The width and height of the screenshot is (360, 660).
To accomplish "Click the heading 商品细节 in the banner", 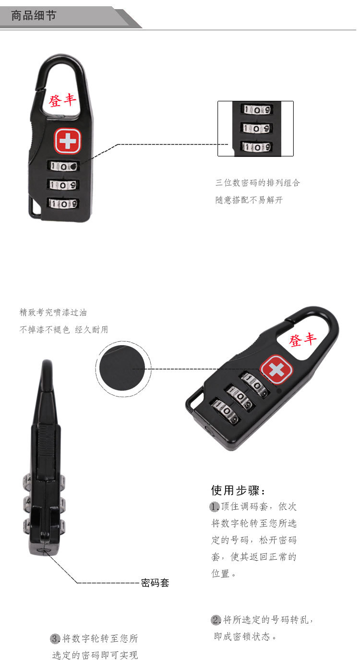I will pos(34,16).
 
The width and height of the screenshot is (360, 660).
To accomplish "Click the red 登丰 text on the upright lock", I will pos(63,100).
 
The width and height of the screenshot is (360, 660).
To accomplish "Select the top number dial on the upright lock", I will pos(63,167).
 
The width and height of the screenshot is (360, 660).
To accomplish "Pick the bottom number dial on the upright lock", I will pos(63,204).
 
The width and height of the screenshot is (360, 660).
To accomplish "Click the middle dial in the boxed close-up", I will pos(256,128).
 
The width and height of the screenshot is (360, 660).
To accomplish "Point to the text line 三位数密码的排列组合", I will pos(258,182).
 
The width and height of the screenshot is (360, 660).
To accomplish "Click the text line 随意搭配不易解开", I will pos(249,200).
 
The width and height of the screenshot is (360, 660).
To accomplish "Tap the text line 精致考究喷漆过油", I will pos(53,312).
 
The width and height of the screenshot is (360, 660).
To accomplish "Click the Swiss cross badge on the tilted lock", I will pos(276,369).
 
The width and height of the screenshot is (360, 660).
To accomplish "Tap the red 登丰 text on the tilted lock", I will pos(303,340).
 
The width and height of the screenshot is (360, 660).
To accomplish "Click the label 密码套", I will pos(155,583).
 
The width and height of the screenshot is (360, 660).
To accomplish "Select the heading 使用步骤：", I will pos(239,491).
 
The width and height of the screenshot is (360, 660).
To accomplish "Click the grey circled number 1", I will pos(215,506).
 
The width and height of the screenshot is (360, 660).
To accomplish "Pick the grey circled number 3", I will pos(55,638).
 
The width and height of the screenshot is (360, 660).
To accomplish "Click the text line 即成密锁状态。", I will pos(246,637).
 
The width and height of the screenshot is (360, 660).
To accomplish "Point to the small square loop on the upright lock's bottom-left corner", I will pos(35,209).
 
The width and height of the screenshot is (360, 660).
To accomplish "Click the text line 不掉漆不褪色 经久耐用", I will pos(64,330).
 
